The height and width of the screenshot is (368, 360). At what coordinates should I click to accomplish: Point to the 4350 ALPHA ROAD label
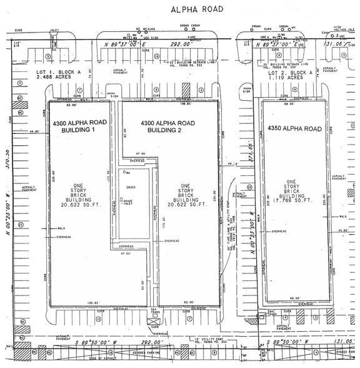(x=294, y=129)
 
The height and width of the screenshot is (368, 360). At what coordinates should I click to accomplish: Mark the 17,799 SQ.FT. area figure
(x=294, y=201)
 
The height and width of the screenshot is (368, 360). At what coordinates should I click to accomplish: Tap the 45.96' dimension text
(x=342, y=231)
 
